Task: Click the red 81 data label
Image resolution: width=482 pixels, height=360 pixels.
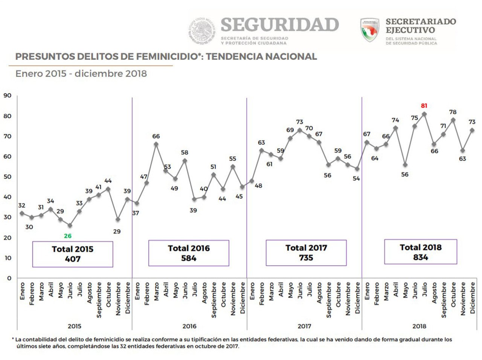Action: (424, 106)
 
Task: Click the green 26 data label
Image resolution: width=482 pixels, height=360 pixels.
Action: (67, 236)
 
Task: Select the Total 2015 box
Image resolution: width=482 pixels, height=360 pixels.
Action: (73, 254)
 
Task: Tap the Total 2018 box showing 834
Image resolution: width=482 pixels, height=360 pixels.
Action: (421, 252)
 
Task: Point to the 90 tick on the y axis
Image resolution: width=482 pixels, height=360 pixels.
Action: (7, 96)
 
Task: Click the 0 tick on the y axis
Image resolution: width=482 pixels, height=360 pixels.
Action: (9, 278)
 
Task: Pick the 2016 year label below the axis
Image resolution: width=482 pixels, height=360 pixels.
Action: (189, 326)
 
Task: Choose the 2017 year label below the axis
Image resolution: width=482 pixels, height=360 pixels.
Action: (304, 326)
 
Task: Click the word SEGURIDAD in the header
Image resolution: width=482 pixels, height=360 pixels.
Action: (279, 25)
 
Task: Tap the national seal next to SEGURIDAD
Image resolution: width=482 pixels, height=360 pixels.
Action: (202, 31)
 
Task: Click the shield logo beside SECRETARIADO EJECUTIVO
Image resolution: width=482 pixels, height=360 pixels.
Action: (369, 30)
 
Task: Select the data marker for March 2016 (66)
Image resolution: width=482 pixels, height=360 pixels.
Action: (156, 144)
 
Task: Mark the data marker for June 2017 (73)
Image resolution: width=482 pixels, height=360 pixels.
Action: (300, 130)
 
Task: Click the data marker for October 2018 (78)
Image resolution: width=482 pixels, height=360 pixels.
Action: (453, 120)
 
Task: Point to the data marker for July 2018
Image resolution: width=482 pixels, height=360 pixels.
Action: (424, 114)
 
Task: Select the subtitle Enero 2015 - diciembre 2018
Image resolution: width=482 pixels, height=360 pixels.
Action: (81, 73)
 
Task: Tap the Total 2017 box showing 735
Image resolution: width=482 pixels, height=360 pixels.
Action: (306, 253)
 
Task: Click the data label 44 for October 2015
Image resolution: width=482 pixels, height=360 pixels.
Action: (108, 181)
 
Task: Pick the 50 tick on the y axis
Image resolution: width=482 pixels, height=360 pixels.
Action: (7, 177)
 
